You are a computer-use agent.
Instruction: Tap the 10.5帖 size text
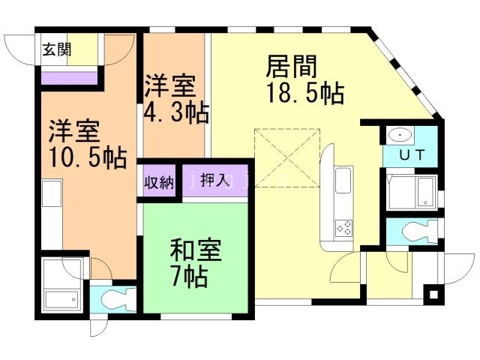point(77,159)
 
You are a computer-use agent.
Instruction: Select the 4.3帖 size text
point(176,113)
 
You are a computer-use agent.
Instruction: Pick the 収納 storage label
point(157,181)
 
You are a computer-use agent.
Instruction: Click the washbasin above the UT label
point(401,136)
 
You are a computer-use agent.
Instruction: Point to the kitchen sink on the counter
point(342,181)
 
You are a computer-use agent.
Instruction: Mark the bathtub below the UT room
point(413,192)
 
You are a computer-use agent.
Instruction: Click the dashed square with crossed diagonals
point(287,158)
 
